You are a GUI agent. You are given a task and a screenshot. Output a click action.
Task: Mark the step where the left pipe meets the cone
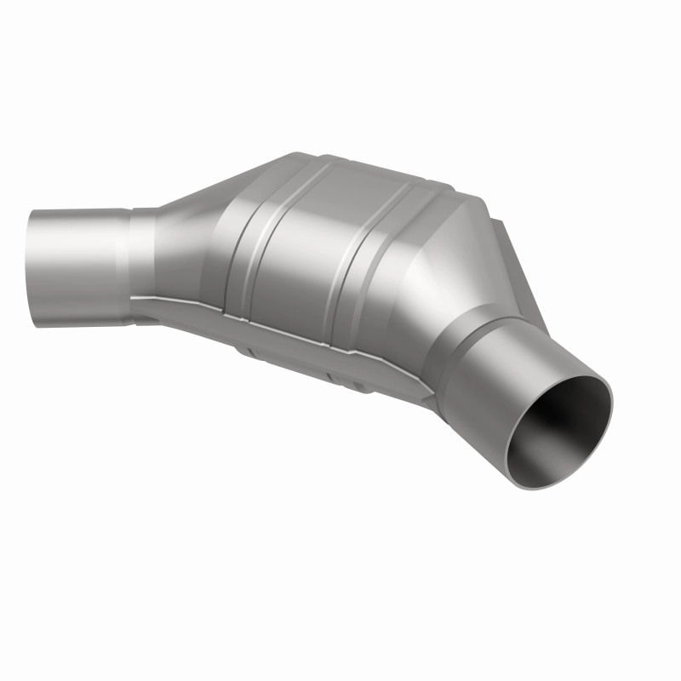[x=132, y=264]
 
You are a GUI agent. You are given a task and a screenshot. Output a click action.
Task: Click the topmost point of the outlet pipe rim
[x=596, y=375]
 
